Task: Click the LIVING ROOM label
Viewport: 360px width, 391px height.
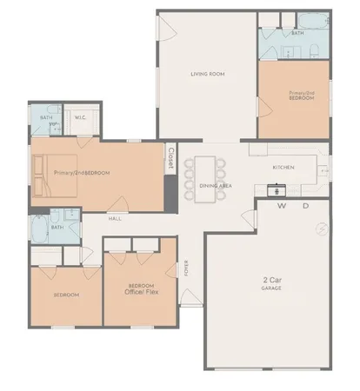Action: (x=208, y=74)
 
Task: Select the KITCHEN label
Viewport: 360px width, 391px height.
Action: (x=283, y=167)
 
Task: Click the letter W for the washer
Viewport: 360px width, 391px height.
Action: (x=282, y=207)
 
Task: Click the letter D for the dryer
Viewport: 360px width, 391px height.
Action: (x=305, y=207)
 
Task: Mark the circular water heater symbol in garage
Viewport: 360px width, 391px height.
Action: (x=321, y=229)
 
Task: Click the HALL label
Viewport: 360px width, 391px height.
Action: (x=115, y=218)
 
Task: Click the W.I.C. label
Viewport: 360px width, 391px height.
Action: (x=79, y=116)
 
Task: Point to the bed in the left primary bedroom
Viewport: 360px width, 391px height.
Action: (x=43, y=173)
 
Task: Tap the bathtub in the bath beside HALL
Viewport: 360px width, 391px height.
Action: (x=39, y=229)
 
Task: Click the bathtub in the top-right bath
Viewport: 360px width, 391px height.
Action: (x=310, y=21)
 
